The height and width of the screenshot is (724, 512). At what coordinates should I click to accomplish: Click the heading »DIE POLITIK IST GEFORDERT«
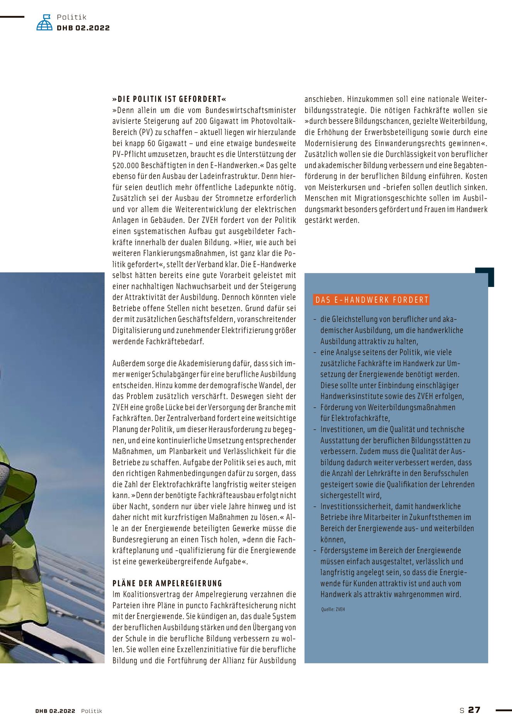169,99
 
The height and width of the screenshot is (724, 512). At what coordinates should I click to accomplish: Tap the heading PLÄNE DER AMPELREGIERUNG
167,583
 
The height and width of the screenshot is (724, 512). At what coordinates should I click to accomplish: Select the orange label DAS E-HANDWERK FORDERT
371,300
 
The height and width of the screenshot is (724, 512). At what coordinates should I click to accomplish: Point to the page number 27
474,710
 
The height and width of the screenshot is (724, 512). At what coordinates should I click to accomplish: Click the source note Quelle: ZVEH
333,609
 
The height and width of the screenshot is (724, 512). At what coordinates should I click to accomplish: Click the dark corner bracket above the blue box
486,275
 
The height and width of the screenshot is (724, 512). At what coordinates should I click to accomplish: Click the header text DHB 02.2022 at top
83,28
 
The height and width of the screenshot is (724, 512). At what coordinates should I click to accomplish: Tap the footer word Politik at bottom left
92,711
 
